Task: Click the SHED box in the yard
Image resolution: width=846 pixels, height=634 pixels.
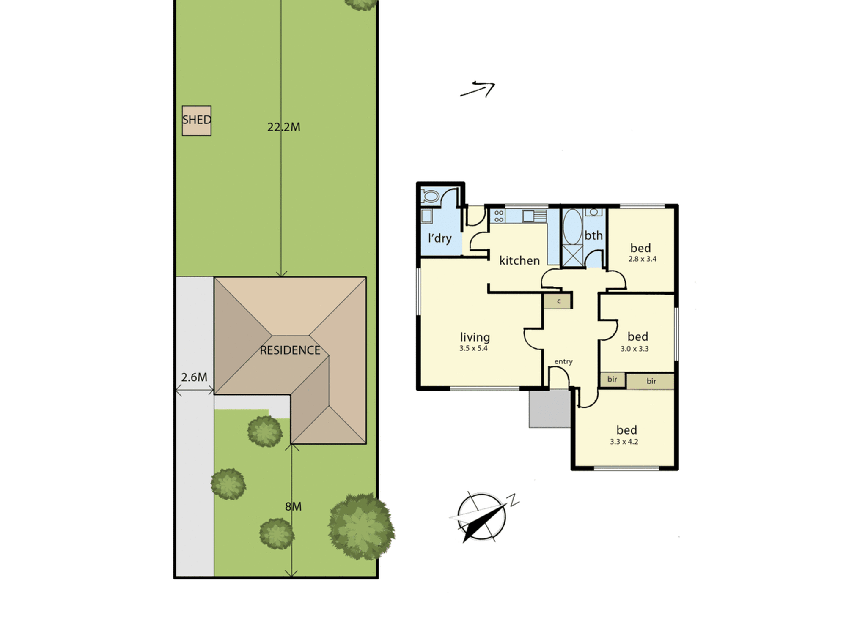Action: coord(197,120)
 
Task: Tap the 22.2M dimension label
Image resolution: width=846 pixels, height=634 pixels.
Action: coord(284,127)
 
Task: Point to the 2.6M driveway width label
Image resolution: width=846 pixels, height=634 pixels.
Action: coord(194,377)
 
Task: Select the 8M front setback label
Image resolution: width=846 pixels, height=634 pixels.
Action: coord(294,506)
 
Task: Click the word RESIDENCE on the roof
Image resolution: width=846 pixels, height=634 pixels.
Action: coord(290,350)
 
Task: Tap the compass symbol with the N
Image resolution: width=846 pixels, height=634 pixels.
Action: coord(482,517)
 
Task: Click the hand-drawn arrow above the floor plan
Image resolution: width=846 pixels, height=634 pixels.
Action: coord(478,89)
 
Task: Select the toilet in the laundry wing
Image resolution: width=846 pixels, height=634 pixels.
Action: coord(430,196)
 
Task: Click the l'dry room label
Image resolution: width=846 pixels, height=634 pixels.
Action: coord(440,238)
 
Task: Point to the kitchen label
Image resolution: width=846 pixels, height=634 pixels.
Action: coord(519,261)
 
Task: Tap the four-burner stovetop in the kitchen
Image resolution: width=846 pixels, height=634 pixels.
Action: coord(499,216)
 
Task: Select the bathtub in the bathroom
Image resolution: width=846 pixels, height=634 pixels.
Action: coord(573,227)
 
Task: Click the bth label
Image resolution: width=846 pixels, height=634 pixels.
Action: coord(593,235)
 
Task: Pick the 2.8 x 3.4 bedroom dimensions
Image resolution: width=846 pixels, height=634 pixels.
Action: coord(642,259)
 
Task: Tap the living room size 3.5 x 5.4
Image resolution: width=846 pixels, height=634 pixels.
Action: coord(473,348)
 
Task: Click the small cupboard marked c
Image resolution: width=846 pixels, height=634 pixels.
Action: coord(558,301)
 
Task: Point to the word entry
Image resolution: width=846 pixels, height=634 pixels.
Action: coord(563,361)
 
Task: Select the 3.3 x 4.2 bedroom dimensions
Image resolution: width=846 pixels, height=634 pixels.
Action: coord(624,442)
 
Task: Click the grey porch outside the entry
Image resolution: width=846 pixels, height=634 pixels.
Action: coord(549,408)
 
